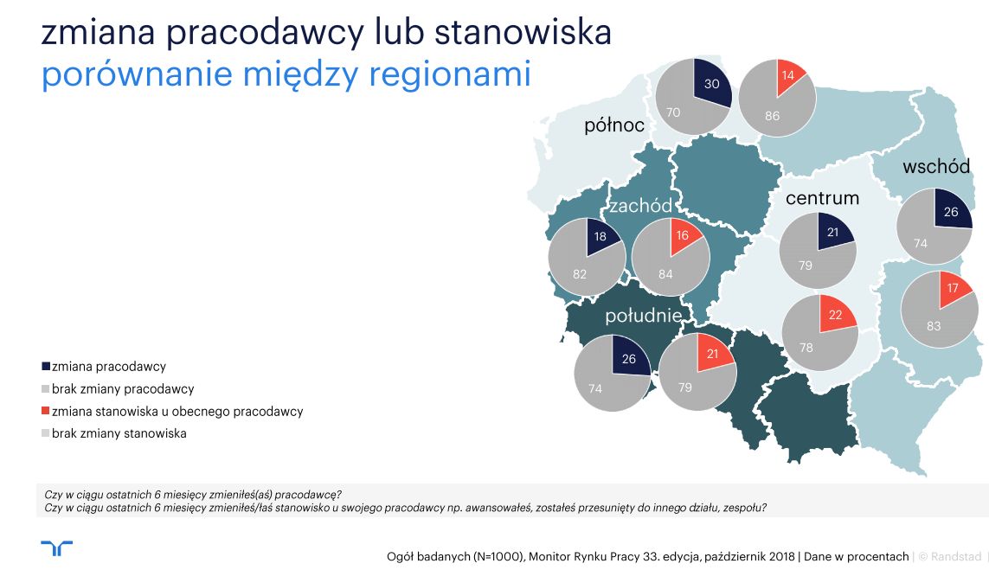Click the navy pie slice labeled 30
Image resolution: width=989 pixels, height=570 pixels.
pos(711,82)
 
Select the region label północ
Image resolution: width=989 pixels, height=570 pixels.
pos(613,125)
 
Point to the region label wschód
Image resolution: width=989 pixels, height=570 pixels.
pos(936,166)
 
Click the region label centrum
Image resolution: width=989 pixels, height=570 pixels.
pos(822,198)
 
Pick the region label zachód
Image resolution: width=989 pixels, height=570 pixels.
pos(640,206)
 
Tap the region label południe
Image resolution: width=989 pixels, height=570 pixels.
pos(644,315)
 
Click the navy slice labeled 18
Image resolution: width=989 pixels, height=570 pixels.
pos(600,237)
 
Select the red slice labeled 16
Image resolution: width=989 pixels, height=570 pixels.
pos(683,236)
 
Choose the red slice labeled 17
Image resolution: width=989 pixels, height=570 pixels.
pos(954,289)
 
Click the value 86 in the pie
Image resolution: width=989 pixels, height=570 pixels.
pos(772,116)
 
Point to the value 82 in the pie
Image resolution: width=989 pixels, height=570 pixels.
pos(580,274)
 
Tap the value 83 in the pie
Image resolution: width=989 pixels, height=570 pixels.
pos(934,326)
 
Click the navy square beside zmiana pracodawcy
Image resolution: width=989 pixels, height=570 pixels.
pos(45,367)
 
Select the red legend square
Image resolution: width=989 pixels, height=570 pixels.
pos(45,411)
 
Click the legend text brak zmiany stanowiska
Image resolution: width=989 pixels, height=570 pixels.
pos(119,433)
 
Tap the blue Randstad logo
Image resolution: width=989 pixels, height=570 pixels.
pos(57,548)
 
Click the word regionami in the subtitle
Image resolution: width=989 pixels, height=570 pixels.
pos(450,74)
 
